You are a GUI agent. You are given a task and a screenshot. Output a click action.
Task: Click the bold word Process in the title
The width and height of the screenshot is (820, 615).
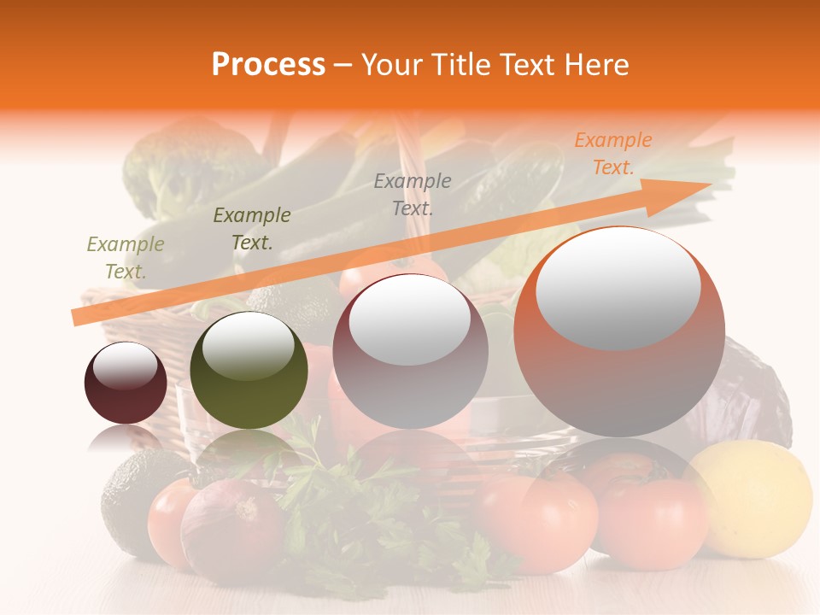[x=268, y=65]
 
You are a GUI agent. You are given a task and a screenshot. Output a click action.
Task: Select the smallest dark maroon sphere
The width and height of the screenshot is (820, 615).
[x=126, y=384]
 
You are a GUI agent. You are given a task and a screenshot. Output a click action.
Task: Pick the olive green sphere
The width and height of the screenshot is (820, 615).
[x=249, y=370]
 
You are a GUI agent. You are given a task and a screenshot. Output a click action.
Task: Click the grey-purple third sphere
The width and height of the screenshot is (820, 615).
[x=410, y=352]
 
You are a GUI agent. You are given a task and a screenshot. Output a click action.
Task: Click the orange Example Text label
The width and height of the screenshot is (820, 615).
[x=612, y=154]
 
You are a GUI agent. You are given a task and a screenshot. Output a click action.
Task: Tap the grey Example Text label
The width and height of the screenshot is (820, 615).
[x=412, y=194]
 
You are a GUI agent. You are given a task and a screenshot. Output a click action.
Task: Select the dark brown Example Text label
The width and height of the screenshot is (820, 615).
[x=252, y=229]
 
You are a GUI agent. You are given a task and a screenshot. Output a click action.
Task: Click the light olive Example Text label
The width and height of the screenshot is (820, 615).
[x=126, y=258]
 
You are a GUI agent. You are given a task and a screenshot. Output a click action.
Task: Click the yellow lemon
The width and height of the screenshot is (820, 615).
[x=750, y=500]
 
